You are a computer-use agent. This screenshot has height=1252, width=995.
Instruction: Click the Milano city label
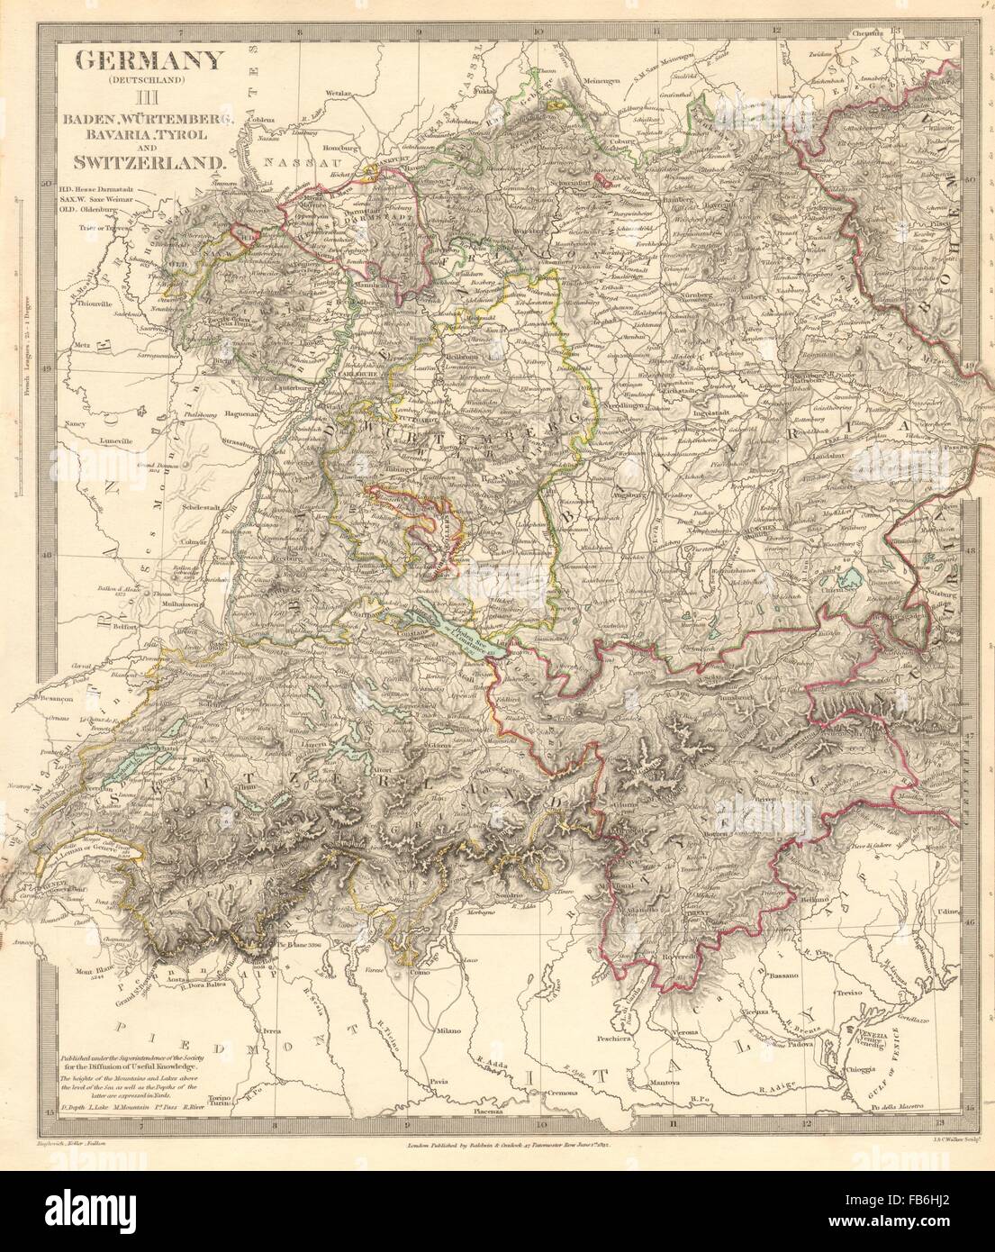click(450, 1030)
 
